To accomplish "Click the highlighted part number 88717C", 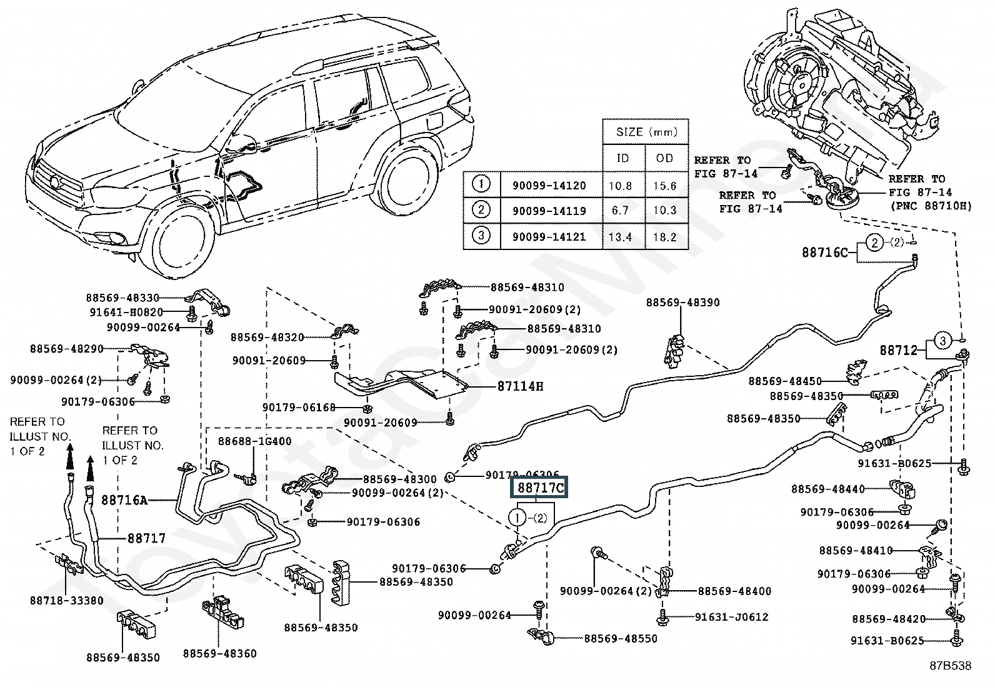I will point(539,488).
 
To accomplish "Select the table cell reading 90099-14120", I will point(549,186).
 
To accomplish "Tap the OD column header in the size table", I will point(665,158).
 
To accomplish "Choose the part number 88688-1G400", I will point(254,441).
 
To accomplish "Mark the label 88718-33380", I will point(67,601).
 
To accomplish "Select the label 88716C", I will point(825,253).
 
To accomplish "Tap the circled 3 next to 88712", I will point(943,341).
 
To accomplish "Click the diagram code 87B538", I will point(949,666).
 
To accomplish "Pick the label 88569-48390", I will point(682,303).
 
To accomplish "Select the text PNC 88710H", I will point(931,206).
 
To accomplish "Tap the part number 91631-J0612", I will point(731,617).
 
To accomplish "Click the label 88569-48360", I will point(219,654).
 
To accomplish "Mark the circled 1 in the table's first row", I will point(482,185).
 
